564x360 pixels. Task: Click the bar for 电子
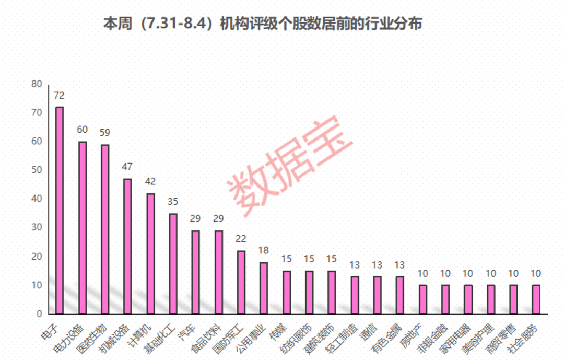pos(60,211)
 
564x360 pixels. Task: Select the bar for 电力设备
pos(83,228)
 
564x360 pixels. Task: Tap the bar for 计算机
pos(150,253)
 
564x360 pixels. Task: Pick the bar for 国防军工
pos(241,282)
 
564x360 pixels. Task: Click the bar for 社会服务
pos(536,299)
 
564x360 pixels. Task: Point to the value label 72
pos(59,96)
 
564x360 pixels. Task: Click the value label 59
pos(105,133)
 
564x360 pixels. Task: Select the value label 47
pos(127,167)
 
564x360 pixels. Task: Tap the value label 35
pos(173,202)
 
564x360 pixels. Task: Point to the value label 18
pos(264,250)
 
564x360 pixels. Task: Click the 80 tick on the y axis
pos(37,84)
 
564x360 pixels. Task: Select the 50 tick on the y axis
pos(37,170)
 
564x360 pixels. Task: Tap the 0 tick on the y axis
pos(39,314)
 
